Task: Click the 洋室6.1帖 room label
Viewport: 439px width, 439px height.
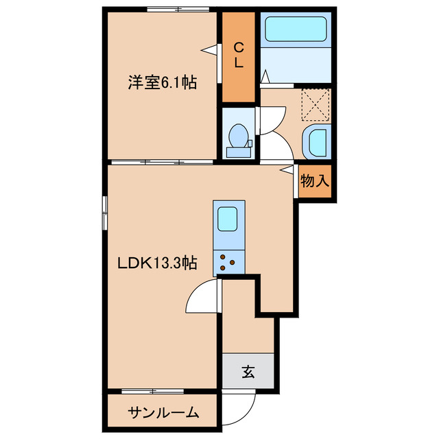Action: click(x=161, y=83)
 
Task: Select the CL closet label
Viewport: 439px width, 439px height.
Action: click(x=239, y=55)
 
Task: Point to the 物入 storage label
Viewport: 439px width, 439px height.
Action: click(x=316, y=182)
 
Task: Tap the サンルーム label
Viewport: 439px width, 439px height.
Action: click(x=163, y=412)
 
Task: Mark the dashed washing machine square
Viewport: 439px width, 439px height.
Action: click(x=316, y=104)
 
